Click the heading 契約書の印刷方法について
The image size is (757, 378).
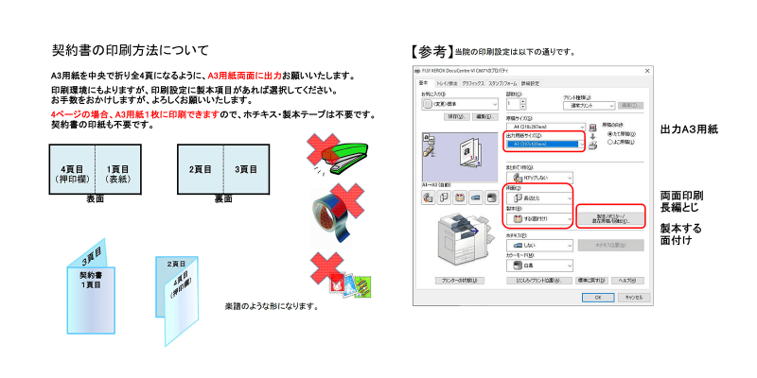pos(130,50)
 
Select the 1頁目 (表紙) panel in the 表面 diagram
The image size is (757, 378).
pos(118,172)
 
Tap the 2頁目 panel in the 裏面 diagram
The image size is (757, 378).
pos(200,170)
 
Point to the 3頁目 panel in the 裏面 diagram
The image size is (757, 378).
pos(246,170)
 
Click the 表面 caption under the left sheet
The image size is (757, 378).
pos(95,199)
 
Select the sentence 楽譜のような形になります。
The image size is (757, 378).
pos(270,307)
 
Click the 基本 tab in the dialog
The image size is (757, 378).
pos(423,83)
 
